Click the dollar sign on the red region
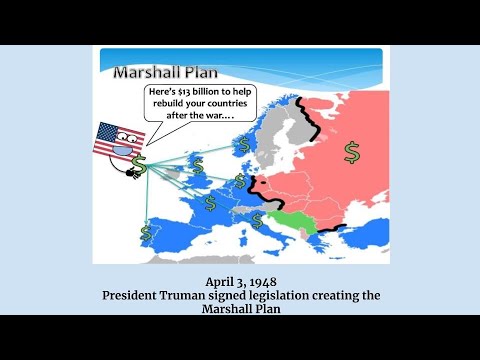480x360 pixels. click(x=351, y=151)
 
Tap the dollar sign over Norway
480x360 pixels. click(x=243, y=146)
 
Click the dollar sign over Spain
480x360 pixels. click(x=147, y=232)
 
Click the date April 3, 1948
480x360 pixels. click(x=240, y=283)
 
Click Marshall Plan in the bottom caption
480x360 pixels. click(x=240, y=310)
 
